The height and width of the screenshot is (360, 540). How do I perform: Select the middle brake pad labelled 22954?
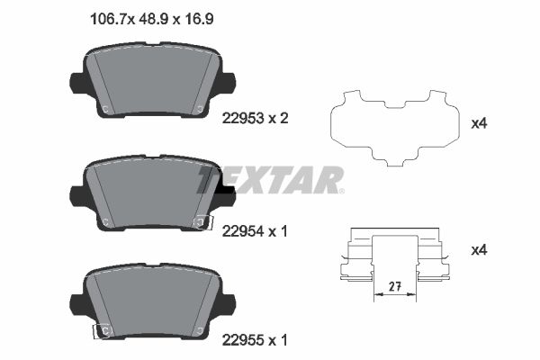coord(153,193)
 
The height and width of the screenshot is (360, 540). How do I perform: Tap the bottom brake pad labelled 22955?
coord(153,301)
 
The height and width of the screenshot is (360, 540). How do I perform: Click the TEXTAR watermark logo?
coord(271,180)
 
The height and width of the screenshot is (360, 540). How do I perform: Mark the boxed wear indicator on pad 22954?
coord(203,221)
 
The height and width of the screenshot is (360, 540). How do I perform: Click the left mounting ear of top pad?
coord(77,83)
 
